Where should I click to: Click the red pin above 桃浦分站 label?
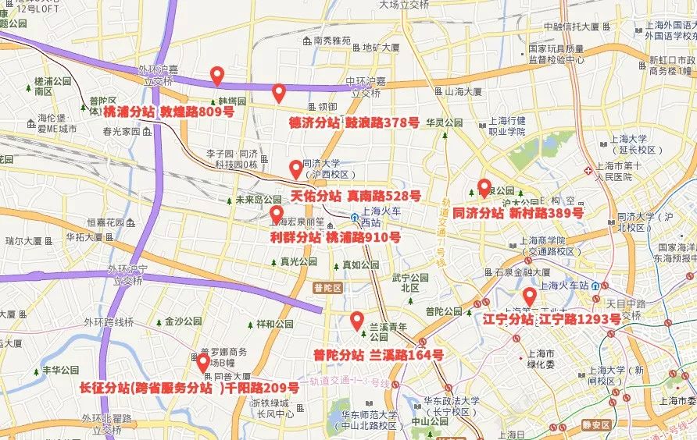[x=217, y=76]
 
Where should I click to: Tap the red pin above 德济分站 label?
[x=278, y=94]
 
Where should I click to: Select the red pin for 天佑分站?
[x=295, y=169]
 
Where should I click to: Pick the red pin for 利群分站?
[x=277, y=214]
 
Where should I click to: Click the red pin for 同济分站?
[x=484, y=188]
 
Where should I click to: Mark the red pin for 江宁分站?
[x=529, y=296]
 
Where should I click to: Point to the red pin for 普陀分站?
[x=357, y=320]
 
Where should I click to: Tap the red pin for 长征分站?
[x=203, y=363]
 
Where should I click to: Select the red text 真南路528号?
[x=384, y=195]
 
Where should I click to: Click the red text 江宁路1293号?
[x=579, y=319]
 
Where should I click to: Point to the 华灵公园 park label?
[x=445, y=123]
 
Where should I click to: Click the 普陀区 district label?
[x=327, y=288]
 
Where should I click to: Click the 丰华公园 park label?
[x=60, y=370]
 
